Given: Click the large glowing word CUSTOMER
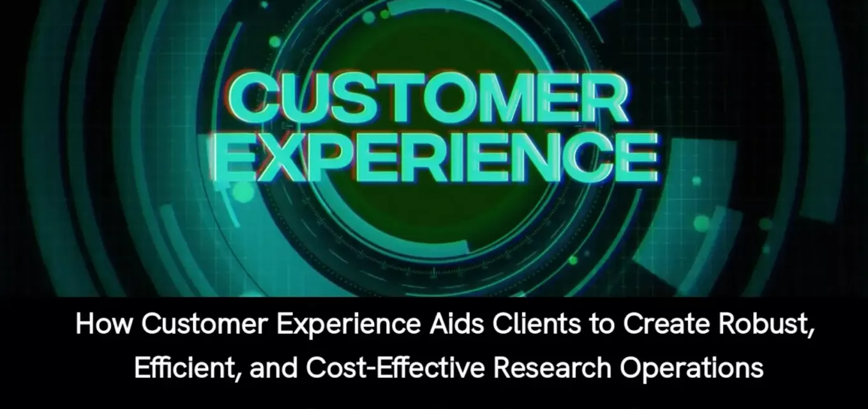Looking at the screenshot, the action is (x=428, y=97).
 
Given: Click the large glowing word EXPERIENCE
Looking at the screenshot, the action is (x=435, y=157).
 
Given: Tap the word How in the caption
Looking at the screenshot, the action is (x=103, y=324).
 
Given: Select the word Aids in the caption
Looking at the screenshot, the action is (x=457, y=324).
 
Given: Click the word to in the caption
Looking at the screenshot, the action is (x=602, y=325).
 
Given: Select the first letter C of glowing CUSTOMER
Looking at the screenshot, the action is (x=257, y=97).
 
